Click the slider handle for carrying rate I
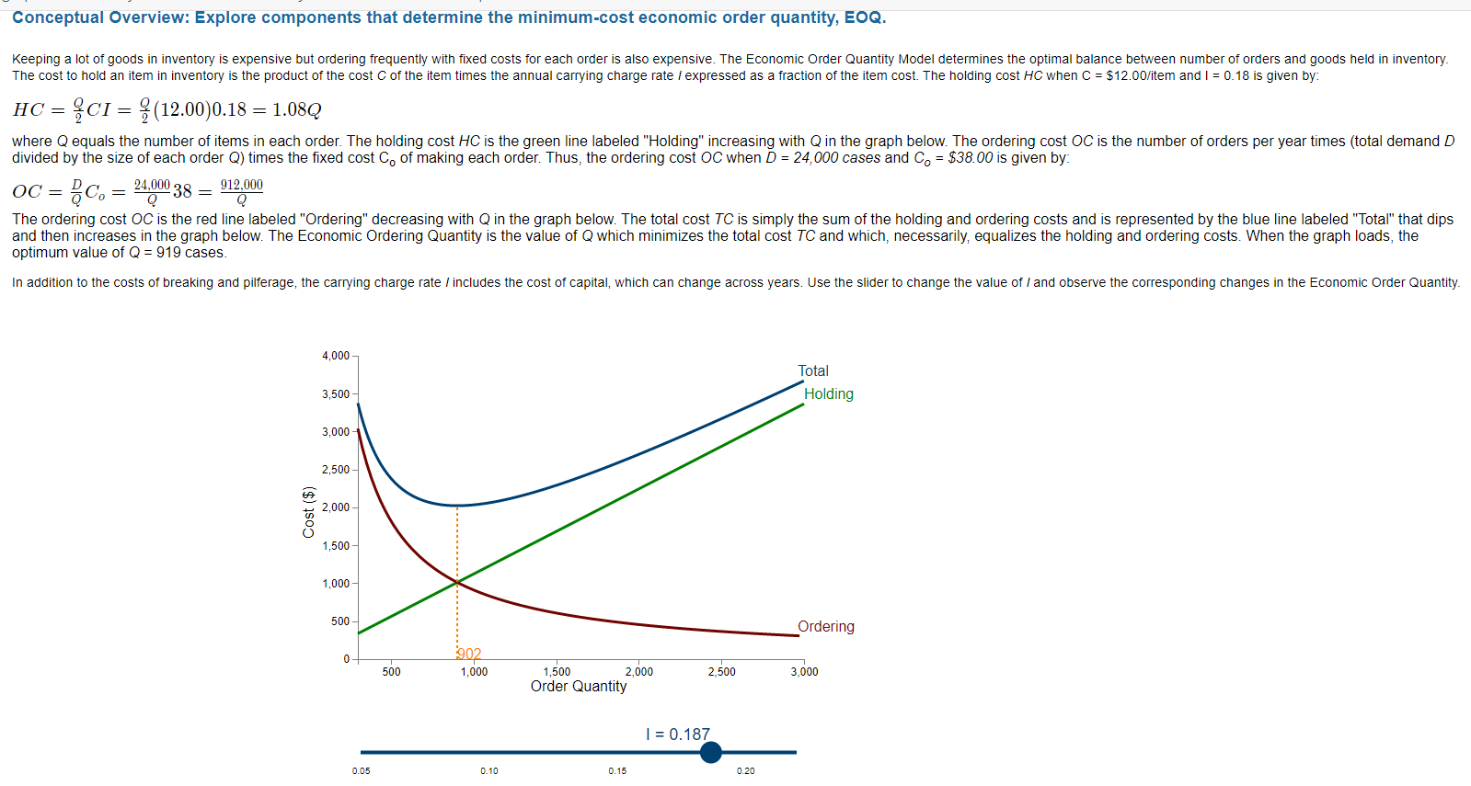[x=710, y=752]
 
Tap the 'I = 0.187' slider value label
[x=678, y=735]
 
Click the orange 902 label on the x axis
[x=469, y=654]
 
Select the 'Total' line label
[x=812, y=370]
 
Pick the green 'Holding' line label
[x=828, y=393]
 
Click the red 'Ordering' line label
[x=825, y=626]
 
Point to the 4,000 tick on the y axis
[x=336, y=356]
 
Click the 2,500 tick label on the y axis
[x=336, y=470]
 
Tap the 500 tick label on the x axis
[x=391, y=672]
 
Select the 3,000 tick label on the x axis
[x=804, y=672]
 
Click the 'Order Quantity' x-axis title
[x=579, y=686]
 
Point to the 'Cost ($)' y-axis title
[x=309, y=511]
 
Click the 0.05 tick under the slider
[x=361, y=771]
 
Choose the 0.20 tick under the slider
[x=745, y=771]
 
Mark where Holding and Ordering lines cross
[x=457, y=582]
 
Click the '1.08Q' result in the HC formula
[x=296, y=109]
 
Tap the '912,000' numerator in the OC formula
[x=241, y=185]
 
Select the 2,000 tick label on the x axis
[x=638, y=672]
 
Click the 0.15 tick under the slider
[x=617, y=771]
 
